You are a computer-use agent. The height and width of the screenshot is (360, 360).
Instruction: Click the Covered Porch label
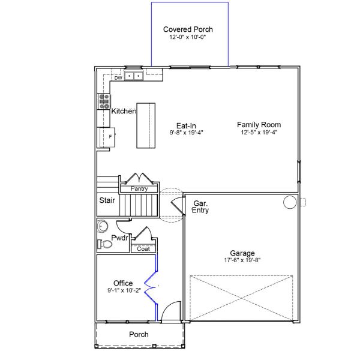[x=188, y=29]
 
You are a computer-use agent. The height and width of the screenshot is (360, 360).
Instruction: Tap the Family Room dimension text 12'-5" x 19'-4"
[x=259, y=132]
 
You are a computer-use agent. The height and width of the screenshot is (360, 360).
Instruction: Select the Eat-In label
[x=186, y=125]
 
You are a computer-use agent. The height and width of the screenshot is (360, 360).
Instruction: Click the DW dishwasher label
[x=118, y=78]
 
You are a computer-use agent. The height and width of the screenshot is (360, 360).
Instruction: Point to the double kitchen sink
[x=134, y=76]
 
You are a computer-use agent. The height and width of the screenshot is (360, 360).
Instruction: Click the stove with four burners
[x=104, y=101]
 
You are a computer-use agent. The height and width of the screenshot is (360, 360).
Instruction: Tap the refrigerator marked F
[x=107, y=137]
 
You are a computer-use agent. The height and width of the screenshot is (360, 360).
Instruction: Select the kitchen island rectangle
[x=146, y=125]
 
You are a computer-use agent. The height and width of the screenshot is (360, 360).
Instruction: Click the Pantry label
[x=139, y=188]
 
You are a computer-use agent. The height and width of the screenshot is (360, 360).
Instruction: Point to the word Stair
[x=107, y=200]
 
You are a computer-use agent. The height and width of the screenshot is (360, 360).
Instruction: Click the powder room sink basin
[x=103, y=226]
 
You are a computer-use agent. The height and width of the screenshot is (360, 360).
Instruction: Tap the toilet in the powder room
[x=104, y=244]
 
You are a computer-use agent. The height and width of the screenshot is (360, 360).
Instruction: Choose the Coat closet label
[x=143, y=249]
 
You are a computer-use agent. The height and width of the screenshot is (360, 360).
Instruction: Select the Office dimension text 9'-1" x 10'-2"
[x=124, y=290]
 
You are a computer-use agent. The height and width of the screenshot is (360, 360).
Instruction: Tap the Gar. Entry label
[x=200, y=206]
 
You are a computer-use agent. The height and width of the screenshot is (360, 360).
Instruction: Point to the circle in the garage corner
[x=290, y=202]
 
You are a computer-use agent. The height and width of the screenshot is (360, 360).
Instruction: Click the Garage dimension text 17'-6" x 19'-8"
[x=242, y=260]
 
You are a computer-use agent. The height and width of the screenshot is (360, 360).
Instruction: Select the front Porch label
[x=139, y=334]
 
